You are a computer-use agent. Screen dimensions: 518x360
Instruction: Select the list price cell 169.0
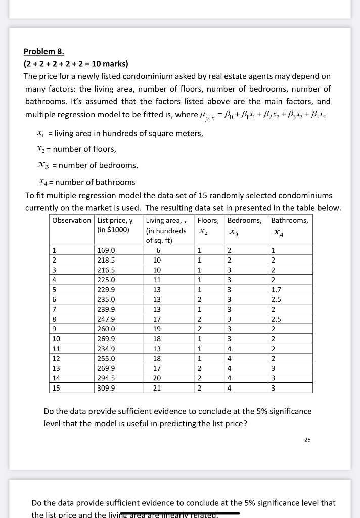[x=106, y=250]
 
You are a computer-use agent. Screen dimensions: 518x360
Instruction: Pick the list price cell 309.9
[x=106, y=388]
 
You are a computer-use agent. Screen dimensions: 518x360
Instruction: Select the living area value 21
[x=158, y=388]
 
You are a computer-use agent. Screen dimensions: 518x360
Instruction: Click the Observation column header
[x=71, y=220]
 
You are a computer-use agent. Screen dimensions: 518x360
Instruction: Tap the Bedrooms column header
[x=244, y=220]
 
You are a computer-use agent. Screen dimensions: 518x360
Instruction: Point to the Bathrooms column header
[x=289, y=220]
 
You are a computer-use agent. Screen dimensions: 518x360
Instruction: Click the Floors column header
[x=208, y=220]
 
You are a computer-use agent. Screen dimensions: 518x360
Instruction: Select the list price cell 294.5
[x=106, y=378]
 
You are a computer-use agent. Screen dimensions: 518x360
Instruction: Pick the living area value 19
[x=158, y=329]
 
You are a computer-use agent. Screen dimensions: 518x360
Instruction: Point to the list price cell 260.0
[x=106, y=329]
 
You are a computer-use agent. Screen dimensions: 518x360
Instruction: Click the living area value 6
[x=158, y=250]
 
